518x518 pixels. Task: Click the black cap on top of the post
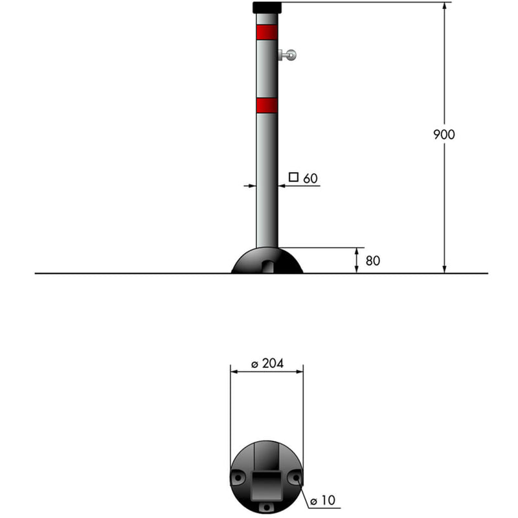[x=267, y=8]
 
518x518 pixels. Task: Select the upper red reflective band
[x=267, y=32]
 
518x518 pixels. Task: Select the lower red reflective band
[x=267, y=105]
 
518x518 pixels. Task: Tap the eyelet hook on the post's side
[x=288, y=56]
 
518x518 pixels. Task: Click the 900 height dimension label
[x=444, y=135]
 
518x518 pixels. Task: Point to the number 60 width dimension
[x=311, y=178]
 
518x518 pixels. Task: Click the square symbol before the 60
[x=293, y=177]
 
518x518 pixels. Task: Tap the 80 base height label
[x=373, y=261]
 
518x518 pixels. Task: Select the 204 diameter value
[x=273, y=363]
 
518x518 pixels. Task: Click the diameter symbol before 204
[x=255, y=364]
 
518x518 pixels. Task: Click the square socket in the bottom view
[x=267, y=482]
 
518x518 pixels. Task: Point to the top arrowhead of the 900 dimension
[x=444, y=6]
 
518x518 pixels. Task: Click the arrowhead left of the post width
[x=253, y=186]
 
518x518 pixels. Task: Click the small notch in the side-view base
[x=267, y=266]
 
